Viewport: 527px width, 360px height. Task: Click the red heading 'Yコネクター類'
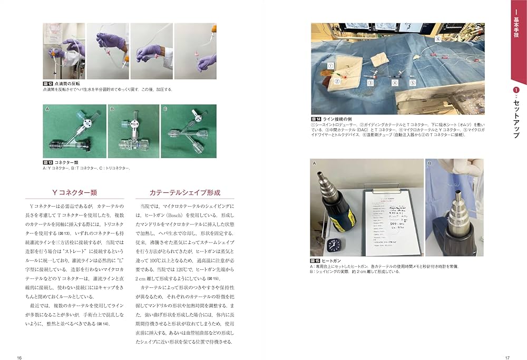tap(71, 192)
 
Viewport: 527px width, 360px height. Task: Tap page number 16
tap(19, 358)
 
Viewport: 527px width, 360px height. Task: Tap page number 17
tap(507, 358)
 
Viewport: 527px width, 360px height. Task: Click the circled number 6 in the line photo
tap(437, 39)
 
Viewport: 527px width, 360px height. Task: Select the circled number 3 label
tap(370, 83)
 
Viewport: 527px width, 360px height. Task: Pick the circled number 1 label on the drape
tap(331, 66)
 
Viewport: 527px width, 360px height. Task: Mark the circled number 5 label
tap(413, 83)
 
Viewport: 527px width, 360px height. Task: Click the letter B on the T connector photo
tap(112, 109)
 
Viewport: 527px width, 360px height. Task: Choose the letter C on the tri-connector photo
tap(165, 109)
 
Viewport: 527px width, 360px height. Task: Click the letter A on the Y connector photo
tap(47, 109)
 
